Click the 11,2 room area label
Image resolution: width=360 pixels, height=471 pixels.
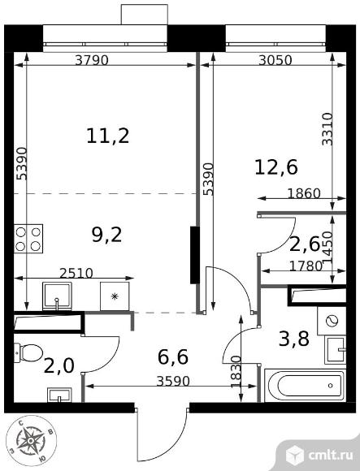(108, 136)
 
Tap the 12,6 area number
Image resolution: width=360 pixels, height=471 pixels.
(276, 167)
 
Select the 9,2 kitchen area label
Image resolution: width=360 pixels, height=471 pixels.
(107, 235)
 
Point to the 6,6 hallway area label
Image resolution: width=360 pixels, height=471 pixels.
(173, 356)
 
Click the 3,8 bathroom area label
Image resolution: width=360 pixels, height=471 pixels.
(294, 339)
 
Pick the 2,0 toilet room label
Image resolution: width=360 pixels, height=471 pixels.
(59, 366)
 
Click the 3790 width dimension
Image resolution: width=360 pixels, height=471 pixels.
(91, 60)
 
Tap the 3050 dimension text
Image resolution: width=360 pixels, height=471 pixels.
(275, 60)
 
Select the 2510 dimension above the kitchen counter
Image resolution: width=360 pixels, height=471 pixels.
(76, 273)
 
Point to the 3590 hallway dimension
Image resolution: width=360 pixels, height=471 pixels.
(173, 381)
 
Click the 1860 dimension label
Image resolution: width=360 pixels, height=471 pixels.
(304, 193)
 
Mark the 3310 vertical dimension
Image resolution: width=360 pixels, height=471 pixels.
(327, 129)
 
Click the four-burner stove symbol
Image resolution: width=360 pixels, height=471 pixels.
(28, 239)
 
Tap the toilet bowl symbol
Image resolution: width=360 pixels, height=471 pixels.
(28, 352)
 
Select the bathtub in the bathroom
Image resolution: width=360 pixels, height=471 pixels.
(305, 386)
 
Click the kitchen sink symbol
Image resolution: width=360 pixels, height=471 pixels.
(57, 296)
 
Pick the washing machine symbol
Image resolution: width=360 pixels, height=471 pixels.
(332, 321)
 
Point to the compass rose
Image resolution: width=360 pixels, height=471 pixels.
(31, 441)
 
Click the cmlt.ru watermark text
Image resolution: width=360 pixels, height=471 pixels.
(331, 456)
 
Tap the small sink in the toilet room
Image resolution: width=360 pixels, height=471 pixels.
(59, 395)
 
